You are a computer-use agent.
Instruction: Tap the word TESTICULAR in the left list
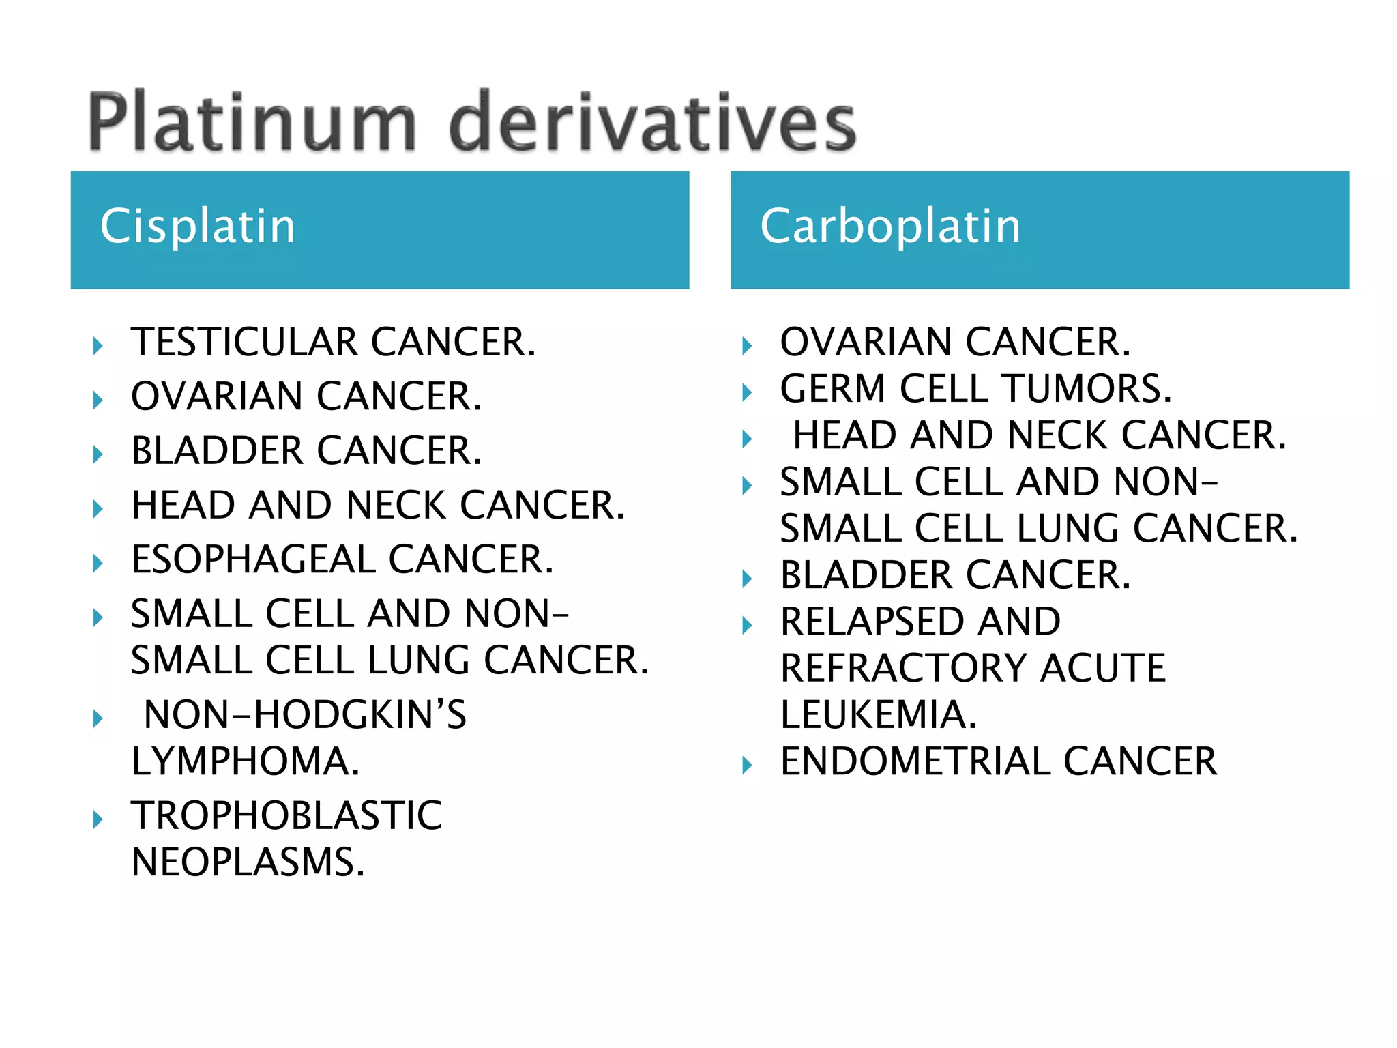(x=244, y=342)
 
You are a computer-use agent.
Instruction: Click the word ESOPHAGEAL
(x=252, y=559)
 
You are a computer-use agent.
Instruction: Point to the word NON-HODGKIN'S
(x=305, y=715)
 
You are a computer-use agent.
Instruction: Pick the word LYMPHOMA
(x=245, y=761)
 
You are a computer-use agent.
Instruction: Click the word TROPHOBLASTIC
(x=286, y=815)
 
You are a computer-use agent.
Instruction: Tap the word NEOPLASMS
(x=248, y=862)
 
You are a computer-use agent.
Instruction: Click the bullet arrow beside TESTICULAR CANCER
(x=98, y=346)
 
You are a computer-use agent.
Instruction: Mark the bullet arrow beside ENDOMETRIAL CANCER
(x=748, y=766)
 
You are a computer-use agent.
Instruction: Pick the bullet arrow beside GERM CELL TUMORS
(x=748, y=392)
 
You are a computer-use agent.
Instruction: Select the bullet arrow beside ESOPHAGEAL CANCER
(x=98, y=564)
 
